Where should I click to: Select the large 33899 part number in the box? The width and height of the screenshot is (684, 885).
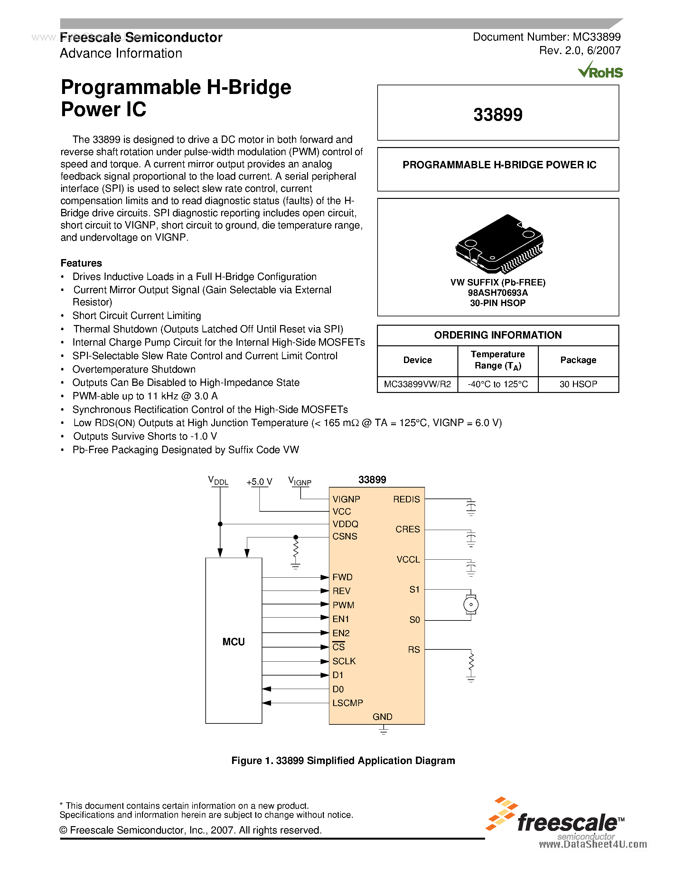tap(498, 115)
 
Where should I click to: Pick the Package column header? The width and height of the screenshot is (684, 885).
tap(578, 360)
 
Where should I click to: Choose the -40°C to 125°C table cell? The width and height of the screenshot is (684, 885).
tap(498, 384)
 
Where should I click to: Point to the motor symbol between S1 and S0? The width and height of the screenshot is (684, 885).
tap(471, 605)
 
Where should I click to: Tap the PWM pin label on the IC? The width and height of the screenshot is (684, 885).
tap(343, 605)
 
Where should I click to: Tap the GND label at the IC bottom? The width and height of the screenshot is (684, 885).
tap(382, 717)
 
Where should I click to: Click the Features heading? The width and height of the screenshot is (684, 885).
tap(81, 263)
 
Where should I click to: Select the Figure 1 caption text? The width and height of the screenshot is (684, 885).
tap(343, 760)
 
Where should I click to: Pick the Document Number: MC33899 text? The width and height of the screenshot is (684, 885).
tap(546, 37)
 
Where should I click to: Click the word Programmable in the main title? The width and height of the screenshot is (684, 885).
tap(130, 88)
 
